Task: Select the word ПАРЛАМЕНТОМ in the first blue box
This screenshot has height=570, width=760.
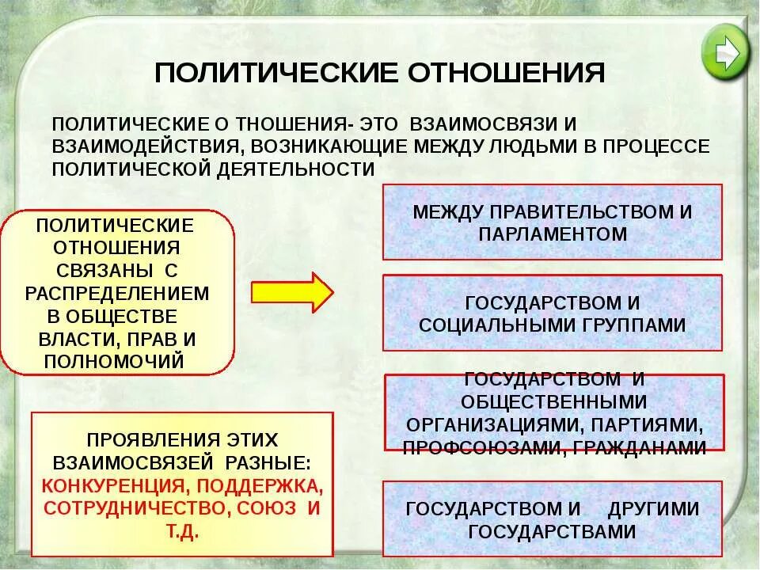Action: pos(553,234)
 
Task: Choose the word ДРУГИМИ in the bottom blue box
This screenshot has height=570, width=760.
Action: pos(653,508)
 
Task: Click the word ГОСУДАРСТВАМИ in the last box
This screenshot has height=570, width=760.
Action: pos(553,530)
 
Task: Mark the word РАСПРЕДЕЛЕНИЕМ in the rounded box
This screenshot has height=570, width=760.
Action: pos(117,293)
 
